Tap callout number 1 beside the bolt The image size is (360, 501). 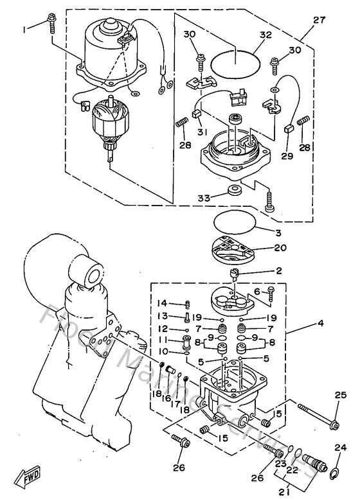25,30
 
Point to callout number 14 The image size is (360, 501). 163,303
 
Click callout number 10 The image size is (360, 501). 163,352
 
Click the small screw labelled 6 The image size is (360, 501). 270,295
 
